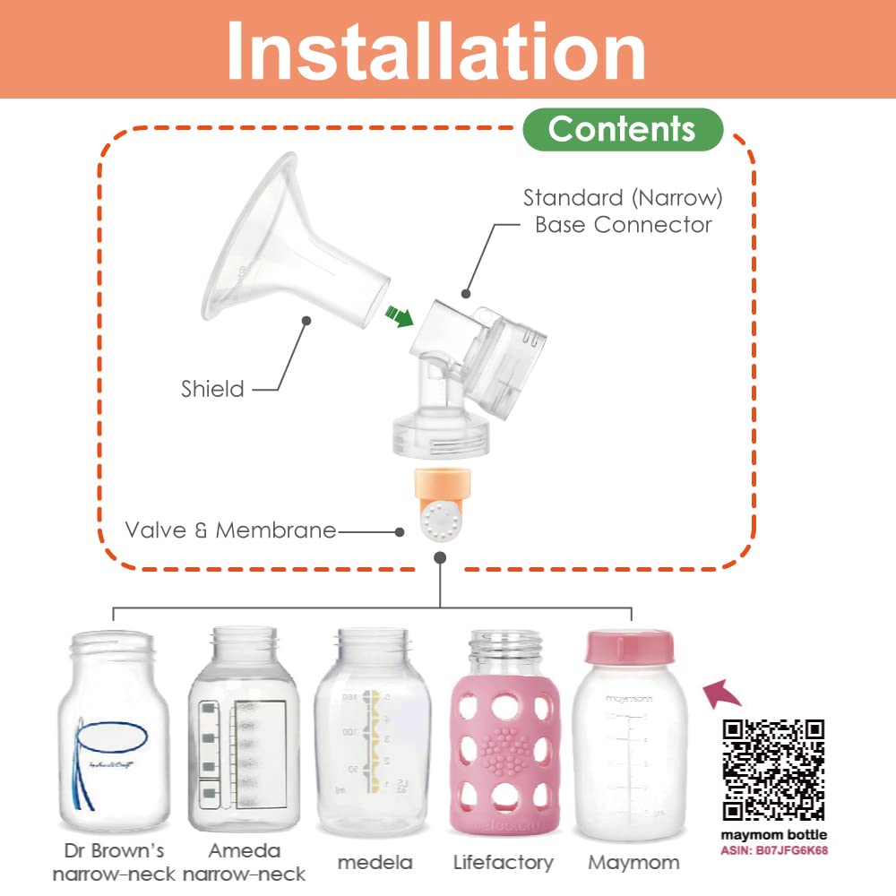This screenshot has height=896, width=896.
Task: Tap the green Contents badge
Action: (622, 129)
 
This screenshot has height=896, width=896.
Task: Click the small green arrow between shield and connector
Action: (399, 316)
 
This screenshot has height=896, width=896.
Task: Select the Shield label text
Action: (212, 389)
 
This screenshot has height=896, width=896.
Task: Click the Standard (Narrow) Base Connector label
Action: (623, 211)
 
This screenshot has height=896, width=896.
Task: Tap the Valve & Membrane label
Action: (230, 530)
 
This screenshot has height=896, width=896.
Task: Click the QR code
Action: (773, 769)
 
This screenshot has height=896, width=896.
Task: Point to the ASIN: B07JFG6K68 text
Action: (774, 849)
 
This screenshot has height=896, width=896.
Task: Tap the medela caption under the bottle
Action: (375, 863)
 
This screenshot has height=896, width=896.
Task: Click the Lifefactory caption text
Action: (503, 863)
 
